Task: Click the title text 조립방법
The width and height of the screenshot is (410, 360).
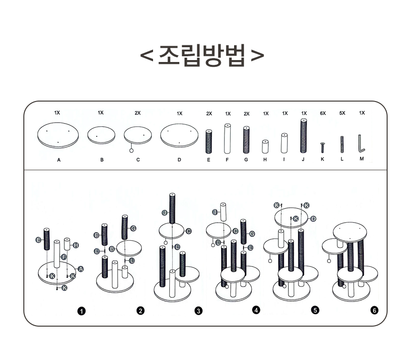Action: click(202, 56)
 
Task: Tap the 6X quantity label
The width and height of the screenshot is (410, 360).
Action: click(323, 113)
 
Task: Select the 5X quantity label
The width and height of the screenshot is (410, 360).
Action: click(342, 113)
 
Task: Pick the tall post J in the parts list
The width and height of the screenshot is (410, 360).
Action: click(303, 136)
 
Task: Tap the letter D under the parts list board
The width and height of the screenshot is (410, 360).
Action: click(179, 160)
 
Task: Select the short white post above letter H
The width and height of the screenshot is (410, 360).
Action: click(265, 146)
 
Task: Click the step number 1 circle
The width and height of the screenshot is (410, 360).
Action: click(82, 311)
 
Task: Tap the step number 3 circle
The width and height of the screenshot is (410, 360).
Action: click(198, 311)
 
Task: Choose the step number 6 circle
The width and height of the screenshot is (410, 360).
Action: click(374, 311)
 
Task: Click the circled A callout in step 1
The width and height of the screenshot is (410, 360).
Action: click(81, 269)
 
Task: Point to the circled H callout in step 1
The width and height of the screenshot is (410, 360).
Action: click(76, 245)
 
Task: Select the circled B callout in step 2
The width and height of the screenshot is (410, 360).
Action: click(112, 249)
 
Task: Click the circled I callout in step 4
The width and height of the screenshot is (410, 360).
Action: click(215, 212)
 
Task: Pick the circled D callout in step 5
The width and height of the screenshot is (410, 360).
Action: click(313, 219)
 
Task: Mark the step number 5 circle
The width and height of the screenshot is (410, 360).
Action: click(315, 310)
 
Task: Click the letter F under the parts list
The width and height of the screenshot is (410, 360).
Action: click(227, 160)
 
